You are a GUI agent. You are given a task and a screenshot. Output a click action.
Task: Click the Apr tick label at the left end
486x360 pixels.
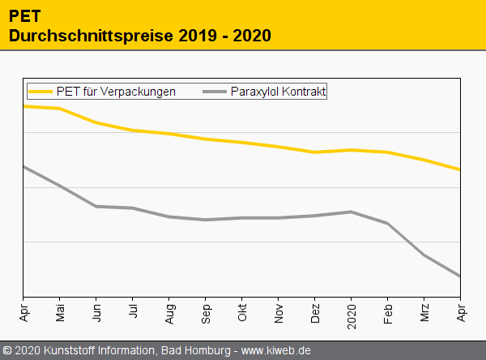coord(23,311)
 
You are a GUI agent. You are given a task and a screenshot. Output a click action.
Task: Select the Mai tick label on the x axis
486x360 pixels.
coord(59,312)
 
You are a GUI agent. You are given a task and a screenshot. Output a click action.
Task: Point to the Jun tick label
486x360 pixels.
coord(96,312)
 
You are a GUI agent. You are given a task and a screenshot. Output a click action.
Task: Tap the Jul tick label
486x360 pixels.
coord(133,311)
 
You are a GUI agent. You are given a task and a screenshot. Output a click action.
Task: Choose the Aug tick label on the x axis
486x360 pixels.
coord(169,312)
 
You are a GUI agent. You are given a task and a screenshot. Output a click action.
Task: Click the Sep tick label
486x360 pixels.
coord(206,312)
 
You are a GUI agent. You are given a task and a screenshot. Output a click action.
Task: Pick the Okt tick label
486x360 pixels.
coord(242,311)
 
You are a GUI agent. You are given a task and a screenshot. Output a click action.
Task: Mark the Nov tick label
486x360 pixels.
coord(279,312)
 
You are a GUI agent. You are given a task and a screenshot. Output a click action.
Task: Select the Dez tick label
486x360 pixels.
coord(315,312)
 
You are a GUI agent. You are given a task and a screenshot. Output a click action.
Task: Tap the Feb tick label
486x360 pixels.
coord(388,312)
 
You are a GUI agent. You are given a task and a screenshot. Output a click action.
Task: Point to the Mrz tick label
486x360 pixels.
coord(424,312)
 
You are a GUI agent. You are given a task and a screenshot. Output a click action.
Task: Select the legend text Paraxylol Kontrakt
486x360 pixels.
coord(278,92)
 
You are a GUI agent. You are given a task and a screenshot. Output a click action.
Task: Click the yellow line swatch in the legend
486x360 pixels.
coord(40,92)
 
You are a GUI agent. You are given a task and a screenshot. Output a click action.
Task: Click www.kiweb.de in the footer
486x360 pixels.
coord(276,350)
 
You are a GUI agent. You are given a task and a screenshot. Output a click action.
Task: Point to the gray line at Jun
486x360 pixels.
coord(96,206)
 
